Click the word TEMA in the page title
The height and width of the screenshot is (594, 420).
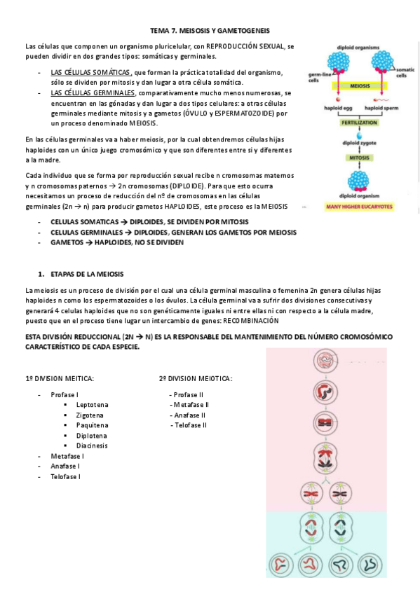160,32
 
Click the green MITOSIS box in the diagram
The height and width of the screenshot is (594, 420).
358,158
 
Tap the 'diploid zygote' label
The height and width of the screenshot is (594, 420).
358,141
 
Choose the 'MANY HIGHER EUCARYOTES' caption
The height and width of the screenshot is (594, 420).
359,206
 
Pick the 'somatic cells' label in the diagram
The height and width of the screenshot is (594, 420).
406,73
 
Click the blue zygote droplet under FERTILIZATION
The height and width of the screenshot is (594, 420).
358,132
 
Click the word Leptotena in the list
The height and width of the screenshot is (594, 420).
93,405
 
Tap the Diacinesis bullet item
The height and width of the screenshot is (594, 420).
93,445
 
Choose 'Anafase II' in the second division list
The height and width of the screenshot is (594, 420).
187,415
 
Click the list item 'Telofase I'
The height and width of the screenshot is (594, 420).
65,476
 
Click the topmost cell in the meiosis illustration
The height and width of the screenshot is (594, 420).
325,361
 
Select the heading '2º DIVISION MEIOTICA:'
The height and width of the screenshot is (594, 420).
196,379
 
